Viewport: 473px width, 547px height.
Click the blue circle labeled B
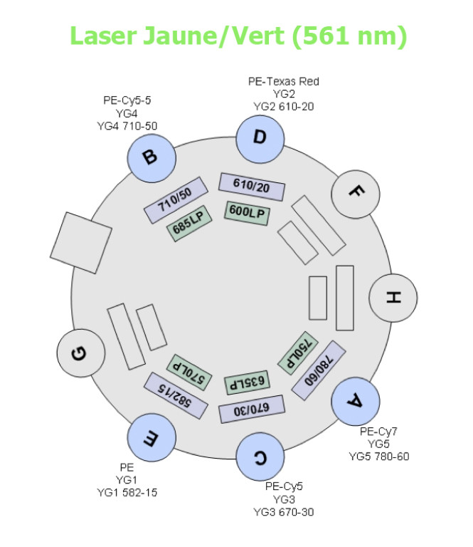150,156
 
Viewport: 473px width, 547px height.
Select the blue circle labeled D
259,137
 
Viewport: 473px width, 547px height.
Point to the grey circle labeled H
391,298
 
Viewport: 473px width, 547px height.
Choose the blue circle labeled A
355,402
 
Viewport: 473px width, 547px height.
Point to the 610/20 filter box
252,186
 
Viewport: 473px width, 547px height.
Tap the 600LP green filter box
247,212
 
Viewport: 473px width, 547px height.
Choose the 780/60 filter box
319,369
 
